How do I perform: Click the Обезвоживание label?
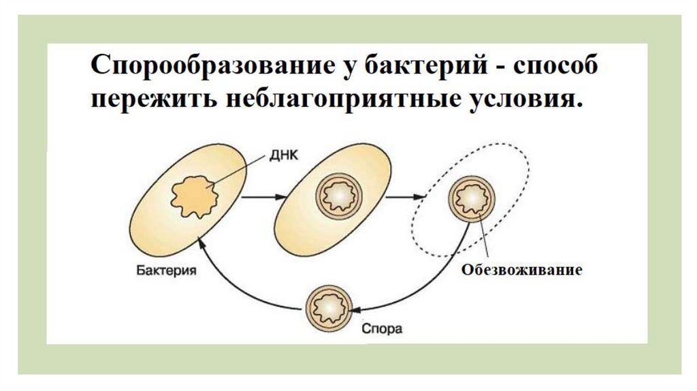coord(522,270)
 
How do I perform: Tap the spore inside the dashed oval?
coord(470,197)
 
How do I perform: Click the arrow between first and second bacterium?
coord(261,197)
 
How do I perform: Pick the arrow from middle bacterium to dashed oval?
coord(404,197)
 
